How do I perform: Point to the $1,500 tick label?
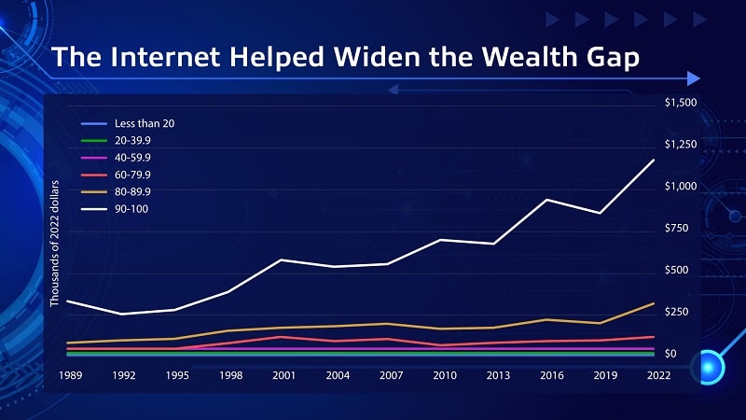[680, 103]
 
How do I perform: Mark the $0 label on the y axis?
[671, 354]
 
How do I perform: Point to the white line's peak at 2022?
[653, 161]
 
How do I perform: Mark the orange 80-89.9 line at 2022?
[653, 303]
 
